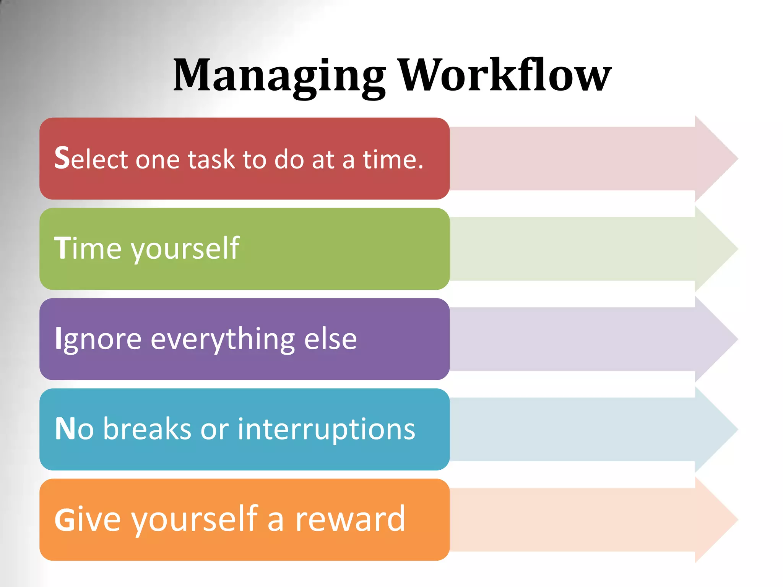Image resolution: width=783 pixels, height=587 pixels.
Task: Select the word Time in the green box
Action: [x=88, y=248]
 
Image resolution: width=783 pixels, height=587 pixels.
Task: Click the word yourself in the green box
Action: [x=185, y=249]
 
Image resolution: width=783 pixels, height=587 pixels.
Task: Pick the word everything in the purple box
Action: [x=223, y=339]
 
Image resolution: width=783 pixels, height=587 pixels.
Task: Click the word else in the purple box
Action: [x=330, y=339]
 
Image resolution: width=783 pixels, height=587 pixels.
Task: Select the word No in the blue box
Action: [x=74, y=429]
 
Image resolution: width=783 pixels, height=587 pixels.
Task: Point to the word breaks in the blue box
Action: [x=147, y=429]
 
